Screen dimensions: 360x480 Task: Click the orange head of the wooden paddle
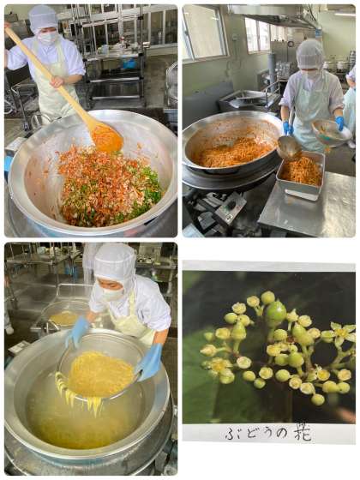pos(107,138)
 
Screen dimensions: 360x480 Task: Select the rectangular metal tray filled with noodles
pos(301,176)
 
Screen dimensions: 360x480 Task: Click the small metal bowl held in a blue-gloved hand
pos(330,132)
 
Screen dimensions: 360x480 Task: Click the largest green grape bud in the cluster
pos(276,314)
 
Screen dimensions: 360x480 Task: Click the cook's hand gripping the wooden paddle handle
pos(57,81)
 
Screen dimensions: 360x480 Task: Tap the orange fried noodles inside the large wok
pos(232,153)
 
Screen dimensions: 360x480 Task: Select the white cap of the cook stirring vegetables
pos(43,18)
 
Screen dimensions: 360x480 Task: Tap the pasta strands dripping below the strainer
pos(81,396)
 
